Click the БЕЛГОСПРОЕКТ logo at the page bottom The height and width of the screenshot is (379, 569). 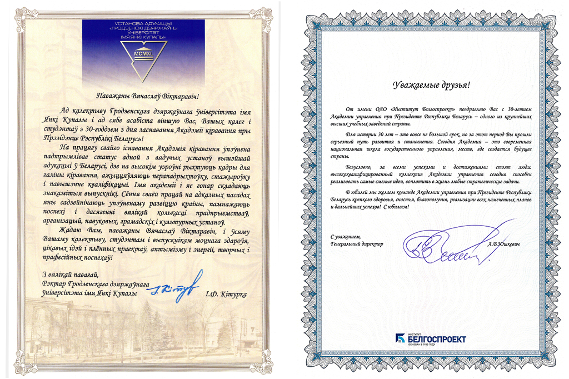coord(431,338)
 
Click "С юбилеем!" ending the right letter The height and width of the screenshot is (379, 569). coord(399,207)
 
